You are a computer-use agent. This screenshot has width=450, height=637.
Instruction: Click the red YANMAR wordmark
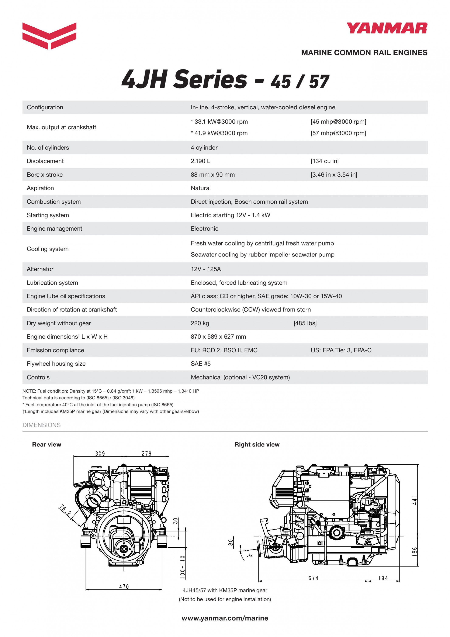click(387, 28)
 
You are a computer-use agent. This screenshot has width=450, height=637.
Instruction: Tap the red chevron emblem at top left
click(49, 35)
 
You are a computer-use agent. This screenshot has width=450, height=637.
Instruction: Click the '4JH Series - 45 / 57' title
click(225, 80)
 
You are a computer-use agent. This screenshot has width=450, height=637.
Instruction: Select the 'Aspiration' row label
click(40, 188)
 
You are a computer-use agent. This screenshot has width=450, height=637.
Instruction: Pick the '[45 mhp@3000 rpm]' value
click(338, 121)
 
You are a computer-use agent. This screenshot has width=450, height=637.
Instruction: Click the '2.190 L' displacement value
click(200, 161)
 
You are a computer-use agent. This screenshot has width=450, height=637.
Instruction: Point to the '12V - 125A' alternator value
click(206, 269)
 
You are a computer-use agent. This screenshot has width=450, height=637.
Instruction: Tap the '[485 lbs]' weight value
click(305, 323)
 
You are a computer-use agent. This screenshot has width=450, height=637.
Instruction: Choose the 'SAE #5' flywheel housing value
click(200, 364)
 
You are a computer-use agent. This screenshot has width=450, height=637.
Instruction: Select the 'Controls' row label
click(38, 377)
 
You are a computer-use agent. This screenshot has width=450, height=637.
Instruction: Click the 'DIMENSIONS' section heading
click(41, 425)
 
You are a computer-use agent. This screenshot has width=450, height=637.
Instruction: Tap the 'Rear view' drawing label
click(46, 444)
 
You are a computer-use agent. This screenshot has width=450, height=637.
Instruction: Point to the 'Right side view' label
click(257, 444)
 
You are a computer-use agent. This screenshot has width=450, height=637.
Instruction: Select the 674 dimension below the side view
click(313, 578)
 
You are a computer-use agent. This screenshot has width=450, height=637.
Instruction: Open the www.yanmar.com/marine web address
click(225, 618)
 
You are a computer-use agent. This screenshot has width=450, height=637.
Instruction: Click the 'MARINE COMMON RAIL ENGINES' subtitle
click(364, 53)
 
